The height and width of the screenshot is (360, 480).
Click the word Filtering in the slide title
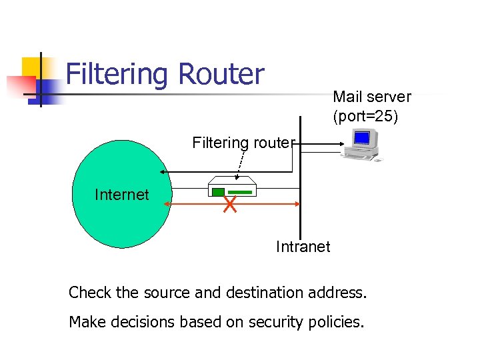[117, 75]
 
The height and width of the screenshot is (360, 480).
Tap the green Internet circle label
[122, 195]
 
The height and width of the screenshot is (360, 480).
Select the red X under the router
[230, 205]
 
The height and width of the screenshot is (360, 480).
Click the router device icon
[232, 187]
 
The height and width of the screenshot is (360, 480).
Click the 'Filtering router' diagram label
[243, 142]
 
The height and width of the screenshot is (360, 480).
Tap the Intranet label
[303, 247]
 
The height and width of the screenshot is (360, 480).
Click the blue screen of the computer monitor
[361, 138]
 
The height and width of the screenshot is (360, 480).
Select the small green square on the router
[218, 192]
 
